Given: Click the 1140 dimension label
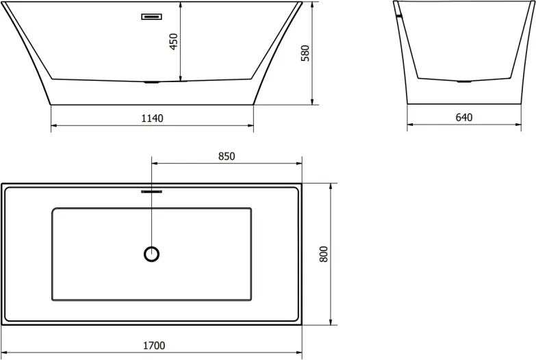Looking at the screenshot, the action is (152, 118).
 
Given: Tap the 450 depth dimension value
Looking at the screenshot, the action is (174, 41).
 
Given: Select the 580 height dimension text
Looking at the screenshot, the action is (305, 53).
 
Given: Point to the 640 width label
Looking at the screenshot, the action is (464, 117).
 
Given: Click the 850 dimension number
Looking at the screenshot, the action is (227, 156).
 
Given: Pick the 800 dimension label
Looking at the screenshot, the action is (323, 254).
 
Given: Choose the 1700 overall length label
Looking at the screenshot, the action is (154, 346).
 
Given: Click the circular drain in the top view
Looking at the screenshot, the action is (151, 254).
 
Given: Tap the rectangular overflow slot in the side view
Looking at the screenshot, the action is (152, 16).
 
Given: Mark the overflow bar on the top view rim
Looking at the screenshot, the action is (151, 192).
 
